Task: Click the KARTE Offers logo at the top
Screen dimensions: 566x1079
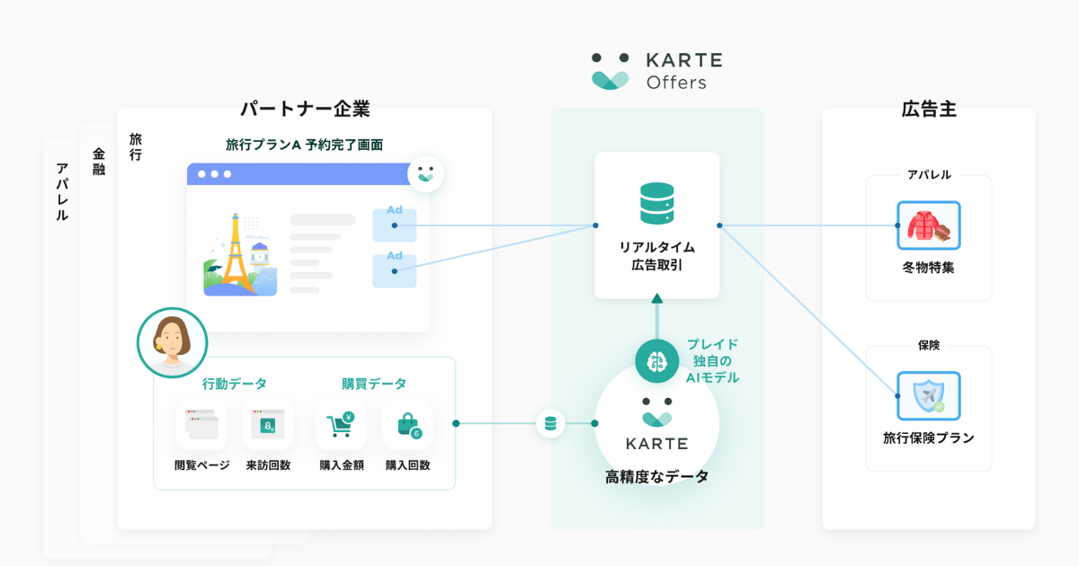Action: [x=656, y=71]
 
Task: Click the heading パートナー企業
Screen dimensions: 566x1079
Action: [x=305, y=110]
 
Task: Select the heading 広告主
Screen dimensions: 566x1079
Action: [x=928, y=110]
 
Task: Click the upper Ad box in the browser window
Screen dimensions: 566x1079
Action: [x=395, y=225]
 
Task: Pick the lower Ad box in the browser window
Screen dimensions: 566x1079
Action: [x=395, y=270]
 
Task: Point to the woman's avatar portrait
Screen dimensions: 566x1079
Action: [x=172, y=342]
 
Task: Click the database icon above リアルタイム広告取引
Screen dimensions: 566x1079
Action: [x=656, y=204]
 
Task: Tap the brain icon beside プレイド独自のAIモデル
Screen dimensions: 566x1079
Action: [x=656, y=361]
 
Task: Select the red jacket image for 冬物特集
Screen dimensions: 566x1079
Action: [x=929, y=226]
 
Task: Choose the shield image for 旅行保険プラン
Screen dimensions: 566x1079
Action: [x=929, y=396]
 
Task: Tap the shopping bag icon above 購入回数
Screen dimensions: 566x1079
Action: [x=407, y=424]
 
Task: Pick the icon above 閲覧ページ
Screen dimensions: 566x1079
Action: [x=201, y=424]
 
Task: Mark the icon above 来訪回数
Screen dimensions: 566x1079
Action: [x=268, y=424]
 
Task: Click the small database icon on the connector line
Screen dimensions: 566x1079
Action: [x=550, y=423]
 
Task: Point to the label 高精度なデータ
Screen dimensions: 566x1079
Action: [x=656, y=477]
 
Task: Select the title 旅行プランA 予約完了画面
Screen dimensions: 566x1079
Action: [x=305, y=145]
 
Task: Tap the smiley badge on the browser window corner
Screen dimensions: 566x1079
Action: [x=425, y=173]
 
